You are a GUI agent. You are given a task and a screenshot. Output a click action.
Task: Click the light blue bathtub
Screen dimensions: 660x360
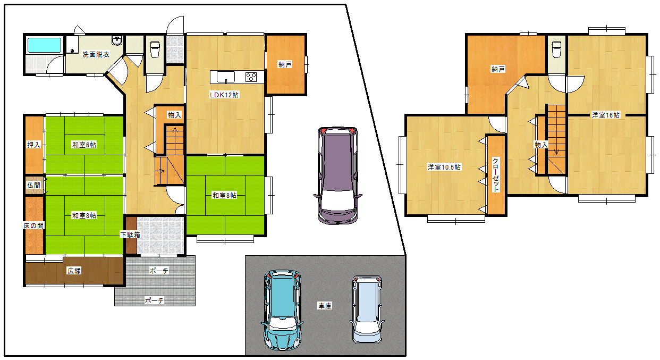coord(44,45)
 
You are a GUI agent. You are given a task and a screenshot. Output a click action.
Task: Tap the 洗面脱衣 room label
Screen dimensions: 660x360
coord(96,54)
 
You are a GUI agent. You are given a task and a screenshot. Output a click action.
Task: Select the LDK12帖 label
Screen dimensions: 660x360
coord(224,95)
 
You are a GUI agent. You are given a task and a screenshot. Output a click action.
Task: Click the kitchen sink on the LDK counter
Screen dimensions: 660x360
coord(226,77)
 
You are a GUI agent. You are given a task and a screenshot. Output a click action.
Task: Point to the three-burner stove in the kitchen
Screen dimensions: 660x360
coord(251,77)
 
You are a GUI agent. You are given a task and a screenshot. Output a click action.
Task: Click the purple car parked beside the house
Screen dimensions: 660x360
coord(338,175)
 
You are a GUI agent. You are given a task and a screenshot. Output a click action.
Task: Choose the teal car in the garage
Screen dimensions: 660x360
coord(282,310)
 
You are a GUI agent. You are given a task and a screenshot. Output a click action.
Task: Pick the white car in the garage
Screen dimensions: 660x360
coord(367,309)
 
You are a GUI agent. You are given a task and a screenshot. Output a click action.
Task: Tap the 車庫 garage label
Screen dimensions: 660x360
coord(325,306)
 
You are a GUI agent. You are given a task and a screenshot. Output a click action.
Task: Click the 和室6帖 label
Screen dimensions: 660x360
coord(84,145)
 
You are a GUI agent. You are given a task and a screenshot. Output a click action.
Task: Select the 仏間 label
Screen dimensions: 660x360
coord(33,185)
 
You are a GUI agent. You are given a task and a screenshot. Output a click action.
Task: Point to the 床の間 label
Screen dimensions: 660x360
coord(33,226)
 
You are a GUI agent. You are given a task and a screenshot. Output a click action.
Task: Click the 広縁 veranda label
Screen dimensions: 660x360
coord(74,271)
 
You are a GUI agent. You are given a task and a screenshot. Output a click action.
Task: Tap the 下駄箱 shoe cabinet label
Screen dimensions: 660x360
coord(130,235)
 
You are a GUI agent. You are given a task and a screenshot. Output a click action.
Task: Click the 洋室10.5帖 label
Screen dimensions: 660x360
coord(444,167)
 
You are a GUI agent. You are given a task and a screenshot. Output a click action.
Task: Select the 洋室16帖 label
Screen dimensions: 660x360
coord(605,115)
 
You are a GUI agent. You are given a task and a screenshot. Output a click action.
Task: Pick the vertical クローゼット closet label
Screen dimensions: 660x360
coord(496,175)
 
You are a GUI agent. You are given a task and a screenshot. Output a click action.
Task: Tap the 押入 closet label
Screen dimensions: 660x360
coord(33,145)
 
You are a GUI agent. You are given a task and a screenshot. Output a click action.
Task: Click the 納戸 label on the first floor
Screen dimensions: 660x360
coord(285,64)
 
